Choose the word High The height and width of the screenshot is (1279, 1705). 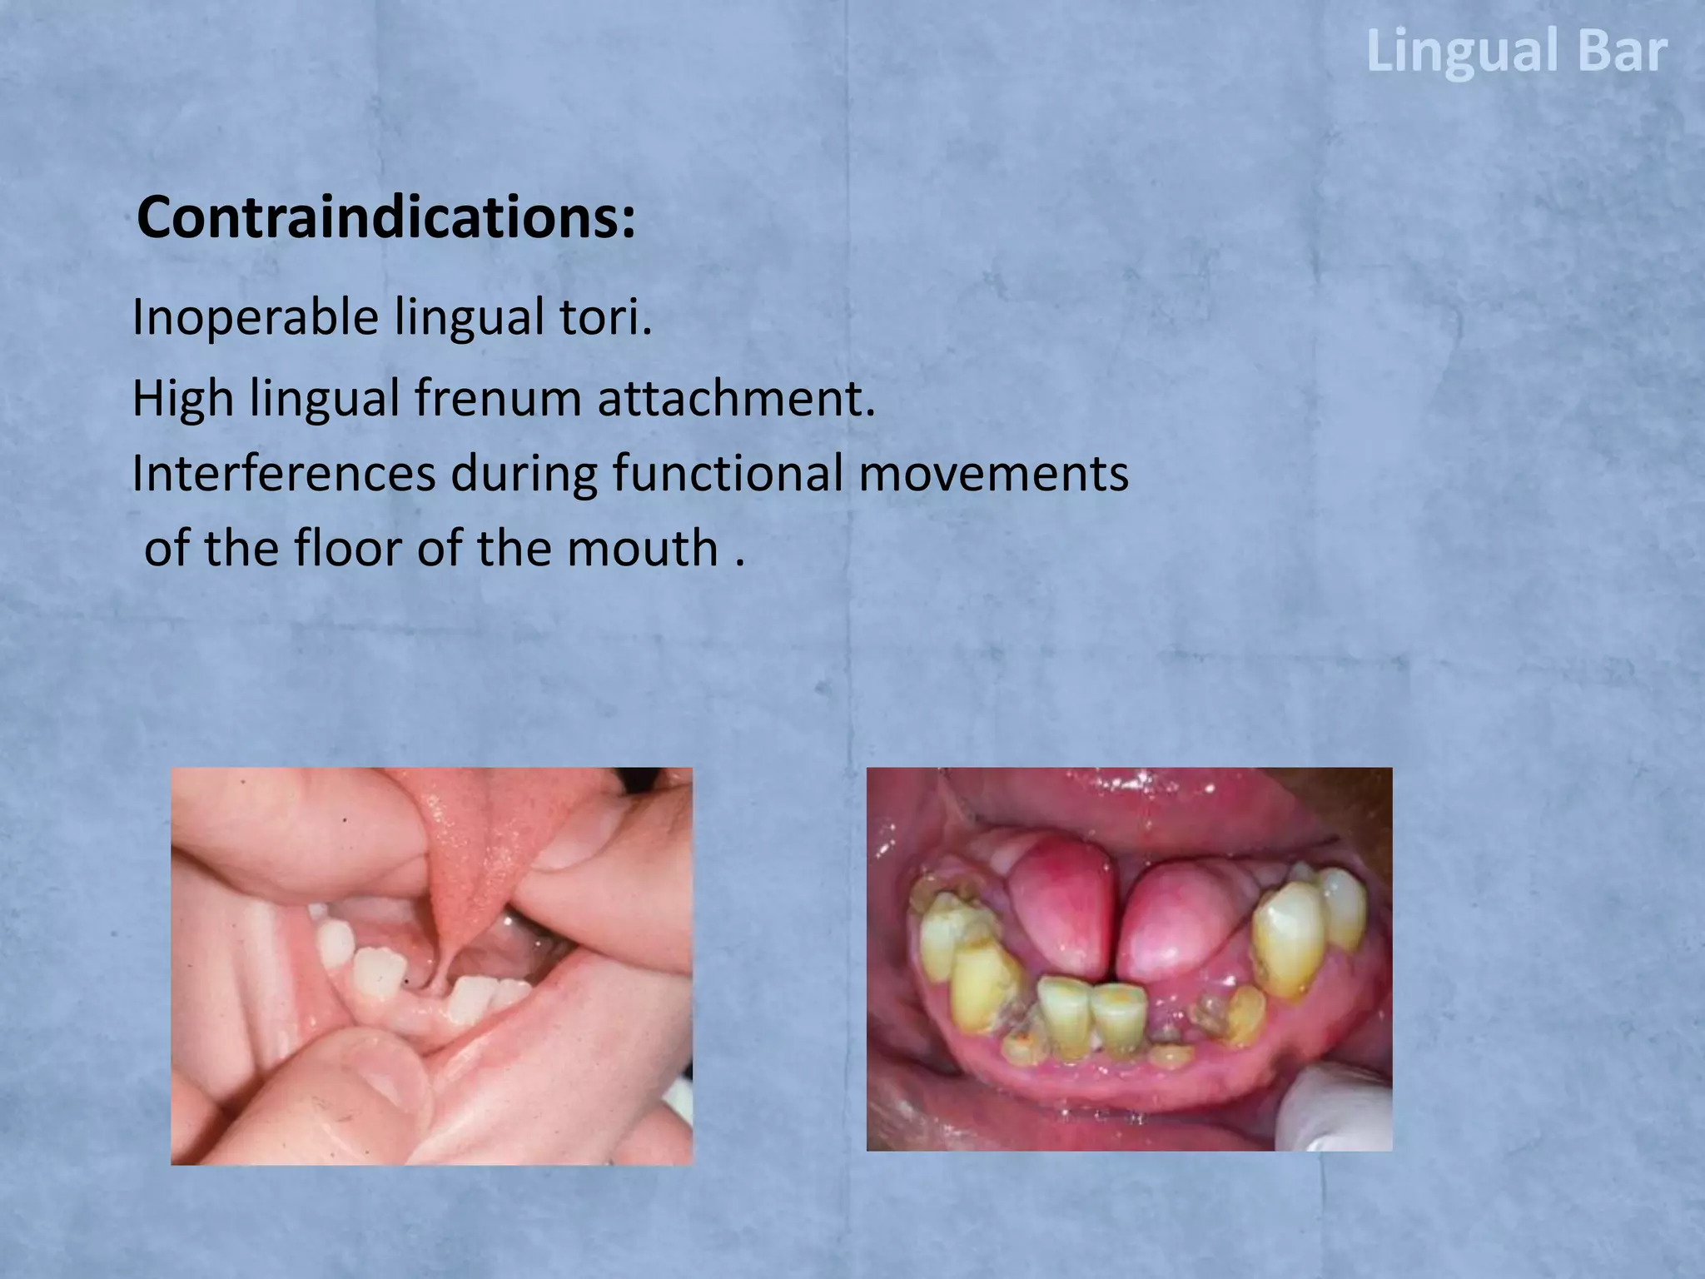(182, 399)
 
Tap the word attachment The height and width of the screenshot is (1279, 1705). (736, 399)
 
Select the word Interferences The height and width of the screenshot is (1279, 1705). (283, 474)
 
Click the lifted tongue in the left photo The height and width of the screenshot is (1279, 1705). (470, 866)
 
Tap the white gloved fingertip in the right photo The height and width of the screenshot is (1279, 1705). (1340, 1107)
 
